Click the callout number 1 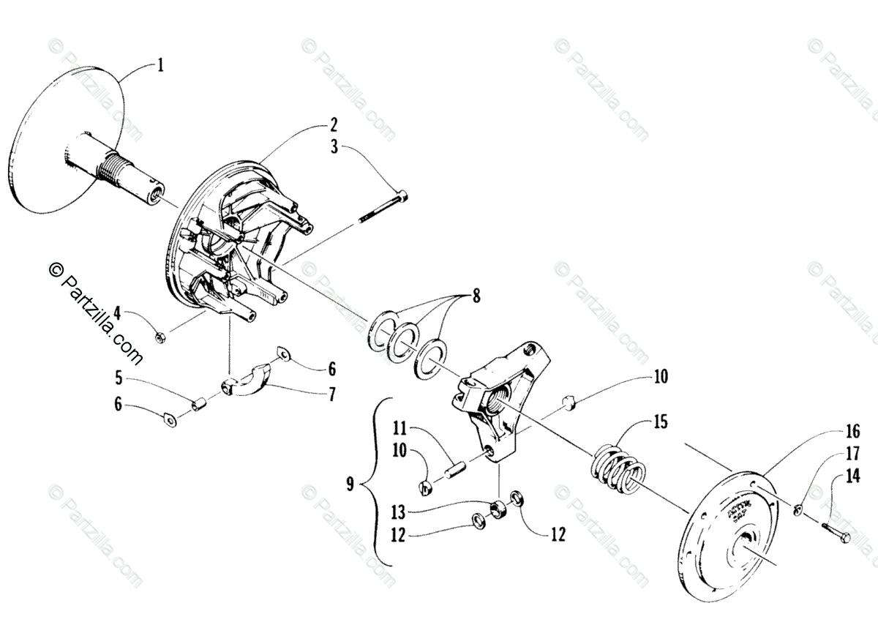coord(160,66)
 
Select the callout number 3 coord(334,147)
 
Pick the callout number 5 coord(118,379)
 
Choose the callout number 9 coord(350,484)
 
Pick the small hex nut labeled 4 coord(162,337)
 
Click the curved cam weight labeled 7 coord(245,383)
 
